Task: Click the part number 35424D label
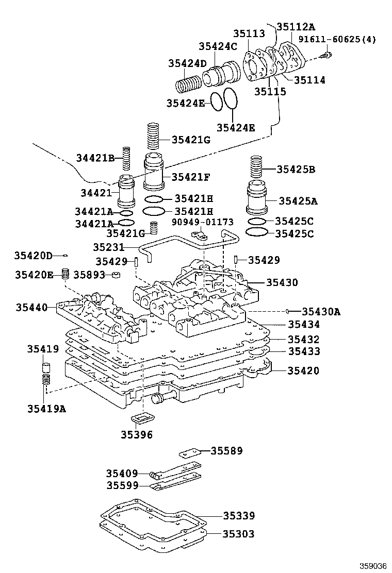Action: [x=187, y=63]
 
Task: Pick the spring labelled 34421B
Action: [x=126, y=160]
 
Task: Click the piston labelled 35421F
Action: [x=153, y=174]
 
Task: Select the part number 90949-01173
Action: [x=202, y=222]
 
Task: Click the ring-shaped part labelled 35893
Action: [x=117, y=275]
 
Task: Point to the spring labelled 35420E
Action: [x=66, y=274]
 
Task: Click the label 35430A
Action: [x=321, y=311]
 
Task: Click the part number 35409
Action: [x=122, y=473]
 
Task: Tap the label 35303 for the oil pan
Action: [x=238, y=534]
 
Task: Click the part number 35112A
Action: [x=295, y=27]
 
